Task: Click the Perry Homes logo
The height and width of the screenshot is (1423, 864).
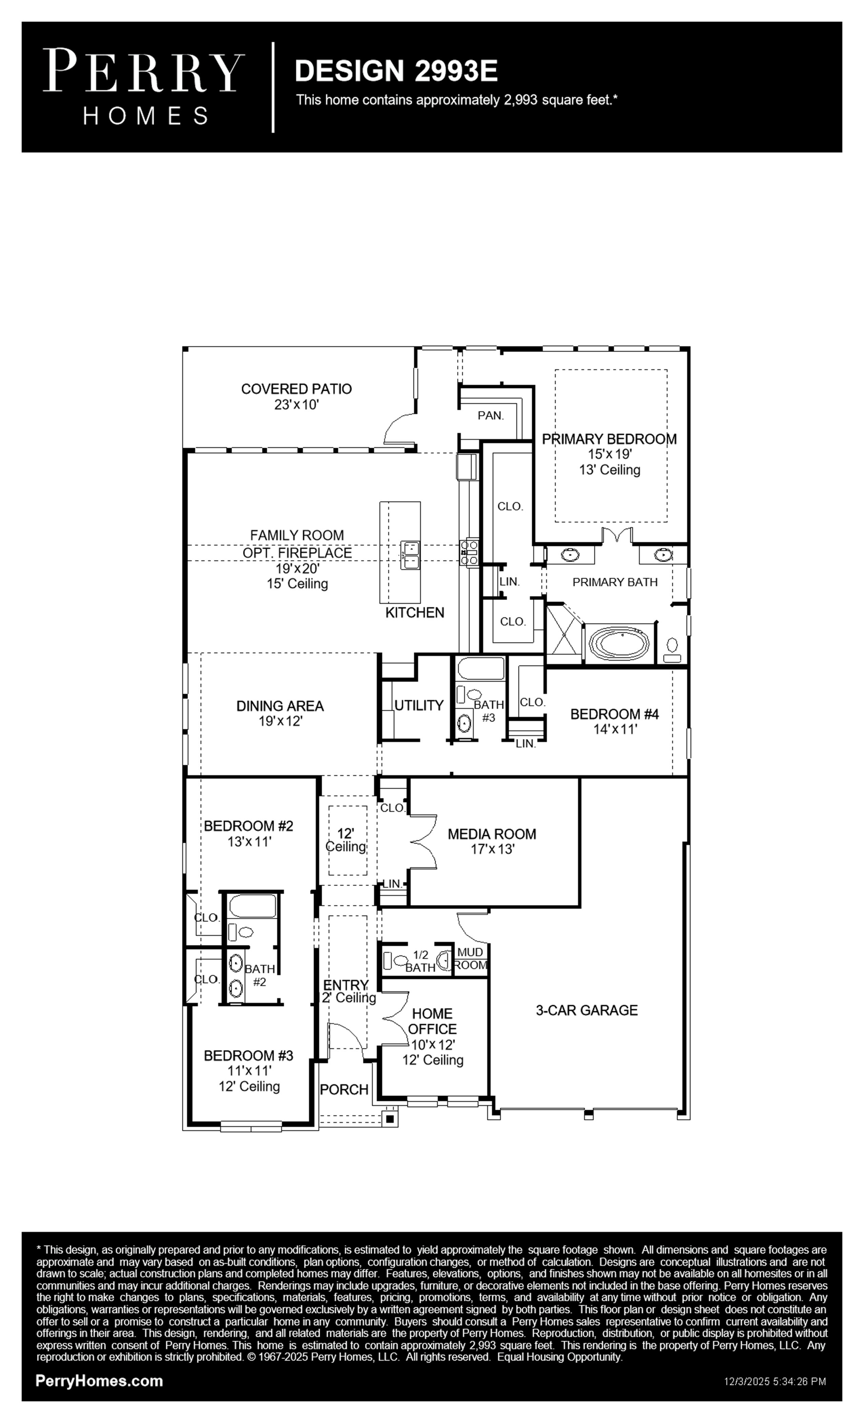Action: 144,87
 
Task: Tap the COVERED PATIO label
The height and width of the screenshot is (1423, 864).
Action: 296,389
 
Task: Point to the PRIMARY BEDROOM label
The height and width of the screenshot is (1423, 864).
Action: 609,439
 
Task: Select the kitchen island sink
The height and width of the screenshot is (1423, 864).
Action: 411,554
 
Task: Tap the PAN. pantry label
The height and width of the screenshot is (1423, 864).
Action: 491,415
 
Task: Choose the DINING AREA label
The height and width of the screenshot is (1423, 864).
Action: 280,706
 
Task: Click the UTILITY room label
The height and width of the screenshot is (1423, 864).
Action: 419,705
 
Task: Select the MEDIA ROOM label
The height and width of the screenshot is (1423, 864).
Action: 492,834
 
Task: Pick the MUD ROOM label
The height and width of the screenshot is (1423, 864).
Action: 471,959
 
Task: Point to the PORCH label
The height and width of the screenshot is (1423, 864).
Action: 344,1090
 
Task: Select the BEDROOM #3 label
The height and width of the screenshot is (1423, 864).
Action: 248,1056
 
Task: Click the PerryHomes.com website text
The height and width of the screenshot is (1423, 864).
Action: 99,1381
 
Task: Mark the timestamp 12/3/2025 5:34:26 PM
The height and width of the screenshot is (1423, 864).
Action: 775,1381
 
